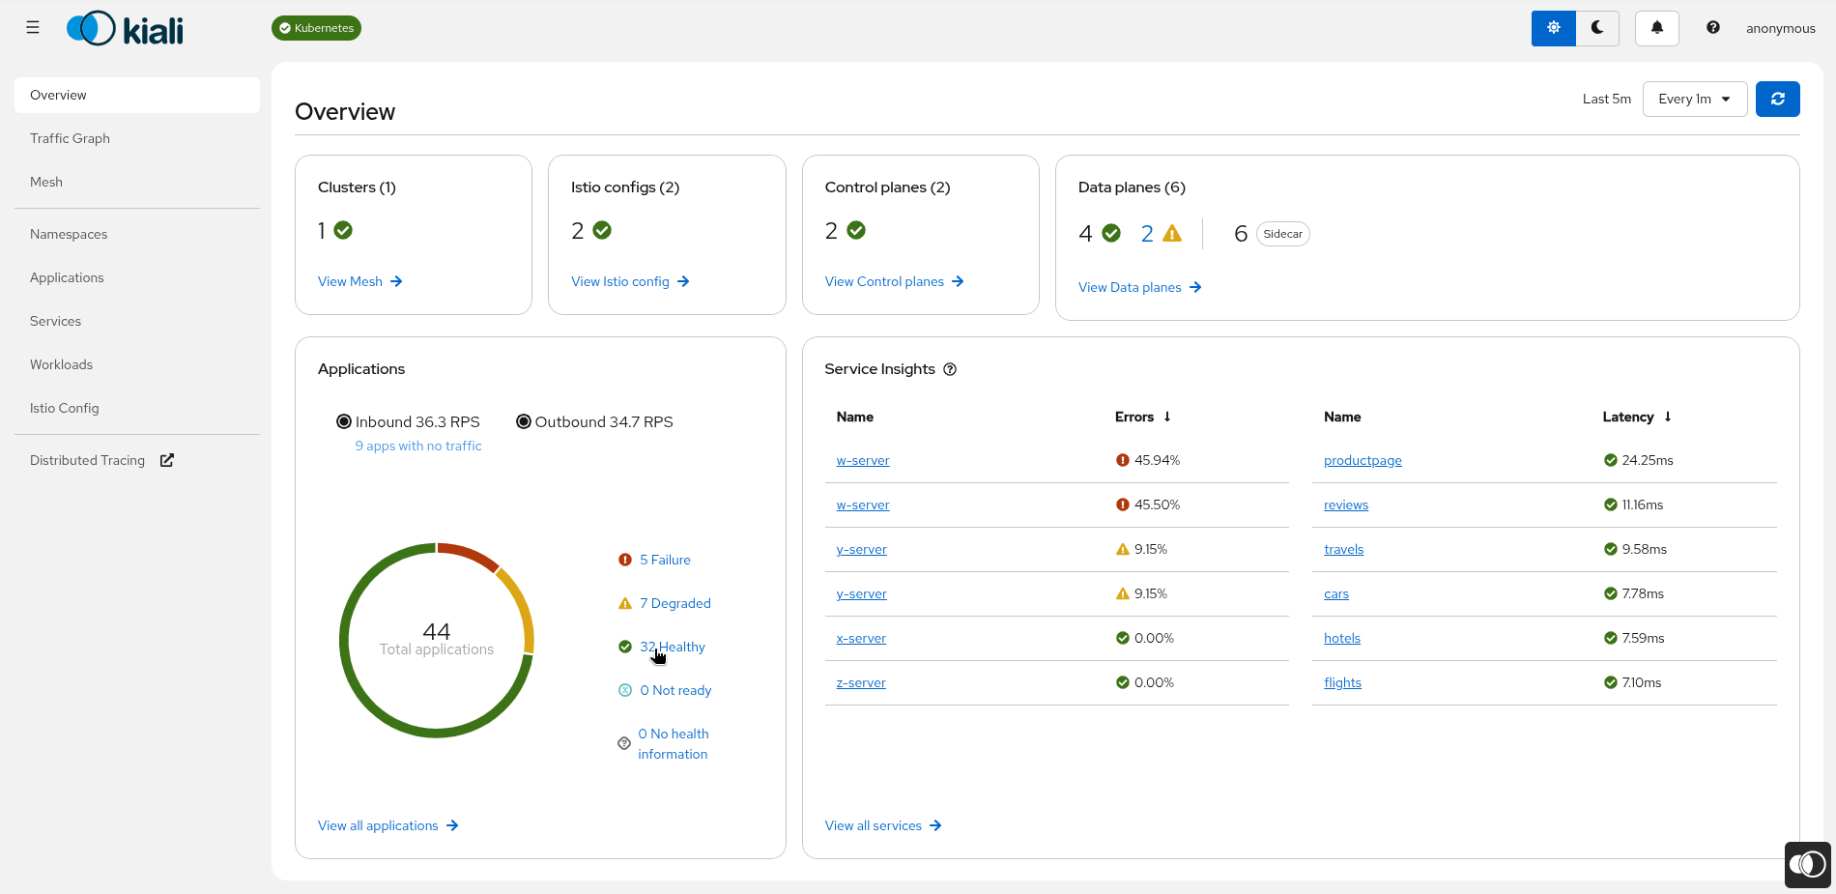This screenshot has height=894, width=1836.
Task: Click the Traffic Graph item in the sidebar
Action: tap(70, 138)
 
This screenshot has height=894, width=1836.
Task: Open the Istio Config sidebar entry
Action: tap(64, 408)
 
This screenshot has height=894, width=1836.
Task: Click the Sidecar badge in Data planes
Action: tap(1282, 234)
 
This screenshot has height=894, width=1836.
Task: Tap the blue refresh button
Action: tap(1777, 99)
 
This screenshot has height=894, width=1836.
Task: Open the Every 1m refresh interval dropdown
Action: tap(1694, 99)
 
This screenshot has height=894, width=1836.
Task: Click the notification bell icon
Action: tap(1656, 28)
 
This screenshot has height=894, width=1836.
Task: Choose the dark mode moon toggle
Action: tap(1597, 28)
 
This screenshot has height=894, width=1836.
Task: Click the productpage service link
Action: tap(1363, 460)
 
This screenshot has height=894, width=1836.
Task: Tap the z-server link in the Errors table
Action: tap(861, 682)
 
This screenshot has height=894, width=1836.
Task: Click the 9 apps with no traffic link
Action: tap(418, 446)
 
